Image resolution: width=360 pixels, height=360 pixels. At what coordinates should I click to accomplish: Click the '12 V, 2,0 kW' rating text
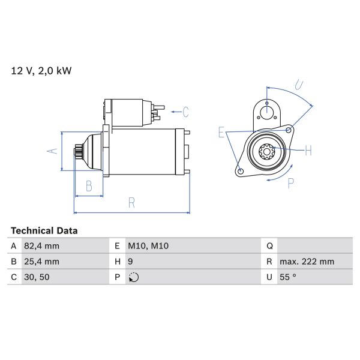pyautogui.click(x=41, y=71)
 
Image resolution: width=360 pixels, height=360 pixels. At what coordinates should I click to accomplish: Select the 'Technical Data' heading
pyautogui.click(x=44, y=230)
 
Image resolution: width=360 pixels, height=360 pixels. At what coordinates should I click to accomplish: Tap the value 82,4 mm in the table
pyautogui.click(x=42, y=246)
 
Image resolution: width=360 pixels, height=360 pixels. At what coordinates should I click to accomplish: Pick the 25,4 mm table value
pyautogui.click(x=42, y=262)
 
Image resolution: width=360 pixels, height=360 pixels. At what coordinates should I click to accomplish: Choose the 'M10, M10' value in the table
pyautogui.click(x=148, y=246)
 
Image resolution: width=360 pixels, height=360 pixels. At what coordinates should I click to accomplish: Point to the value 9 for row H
pyautogui.click(x=130, y=262)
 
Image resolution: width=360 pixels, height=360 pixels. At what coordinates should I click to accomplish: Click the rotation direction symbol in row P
pyautogui.click(x=133, y=277)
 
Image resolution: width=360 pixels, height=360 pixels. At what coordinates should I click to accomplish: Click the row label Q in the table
pyautogui.click(x=269, y=246)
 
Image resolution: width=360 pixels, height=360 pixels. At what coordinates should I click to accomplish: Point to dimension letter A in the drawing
pyautogui.click(x=52, y=151)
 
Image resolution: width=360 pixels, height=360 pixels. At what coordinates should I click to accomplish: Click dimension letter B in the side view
pyautogui.click(x=88, y=186)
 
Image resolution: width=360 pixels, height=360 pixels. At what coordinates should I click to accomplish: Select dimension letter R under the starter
pyautogui.click(x=131, y=203)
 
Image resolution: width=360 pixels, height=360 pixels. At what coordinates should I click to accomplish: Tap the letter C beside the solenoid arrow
pyautogui.click(x=185, y=112)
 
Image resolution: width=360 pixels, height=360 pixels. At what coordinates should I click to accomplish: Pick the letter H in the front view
pyautogui.click(x=308, y=151)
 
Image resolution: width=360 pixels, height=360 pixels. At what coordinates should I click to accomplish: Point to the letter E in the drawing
pyautogui.click(x=221, y=133)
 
